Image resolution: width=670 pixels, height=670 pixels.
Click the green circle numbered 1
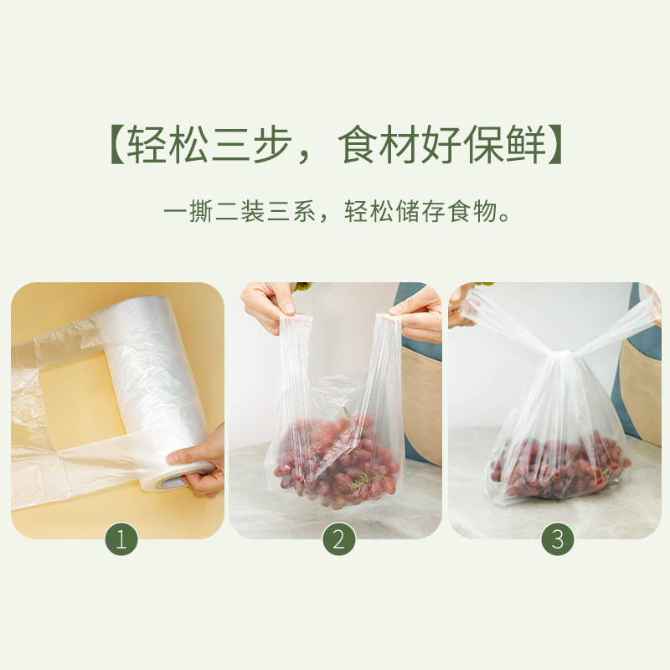click(121, 539)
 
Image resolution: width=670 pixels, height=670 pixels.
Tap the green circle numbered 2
click(338, 539)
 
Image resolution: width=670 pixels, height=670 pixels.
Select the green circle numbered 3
click(557, 539)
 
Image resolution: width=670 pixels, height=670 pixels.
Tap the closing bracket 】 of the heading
click(553, 146)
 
